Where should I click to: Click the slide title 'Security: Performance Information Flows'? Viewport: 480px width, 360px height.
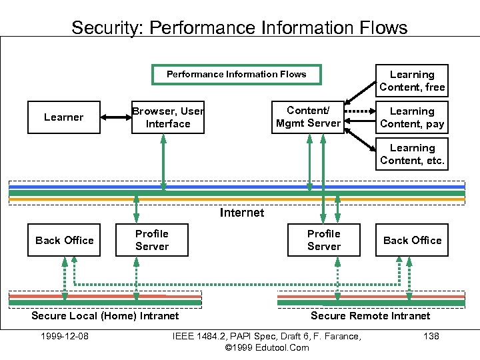point(239,28)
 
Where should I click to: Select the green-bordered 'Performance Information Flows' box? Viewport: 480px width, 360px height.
point(236,75)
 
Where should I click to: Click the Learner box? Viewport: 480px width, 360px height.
point(64,117)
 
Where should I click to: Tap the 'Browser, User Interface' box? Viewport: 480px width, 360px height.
point(168,117)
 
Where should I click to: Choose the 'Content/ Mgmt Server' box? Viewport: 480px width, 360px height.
point(308,117)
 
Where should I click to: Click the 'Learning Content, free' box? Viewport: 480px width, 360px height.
point(412,81)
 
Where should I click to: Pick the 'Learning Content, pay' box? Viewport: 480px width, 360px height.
point(412,117)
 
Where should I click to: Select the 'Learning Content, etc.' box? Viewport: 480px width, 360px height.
point(412,154)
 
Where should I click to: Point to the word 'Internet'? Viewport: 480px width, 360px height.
point(242,213)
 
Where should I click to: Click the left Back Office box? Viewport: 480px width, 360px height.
point(65,240)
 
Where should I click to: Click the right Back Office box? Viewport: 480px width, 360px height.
point(412,240)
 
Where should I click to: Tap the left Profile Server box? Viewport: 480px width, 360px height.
point(152,240)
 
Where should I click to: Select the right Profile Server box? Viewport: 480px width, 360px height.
point(324,240)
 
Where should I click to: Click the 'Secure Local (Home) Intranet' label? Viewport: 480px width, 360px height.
point(105,315)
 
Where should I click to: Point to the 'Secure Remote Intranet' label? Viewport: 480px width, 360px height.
point(371,315)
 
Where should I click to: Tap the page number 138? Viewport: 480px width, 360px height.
point(431,336)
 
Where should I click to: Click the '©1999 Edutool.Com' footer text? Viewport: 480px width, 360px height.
point(267,347)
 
